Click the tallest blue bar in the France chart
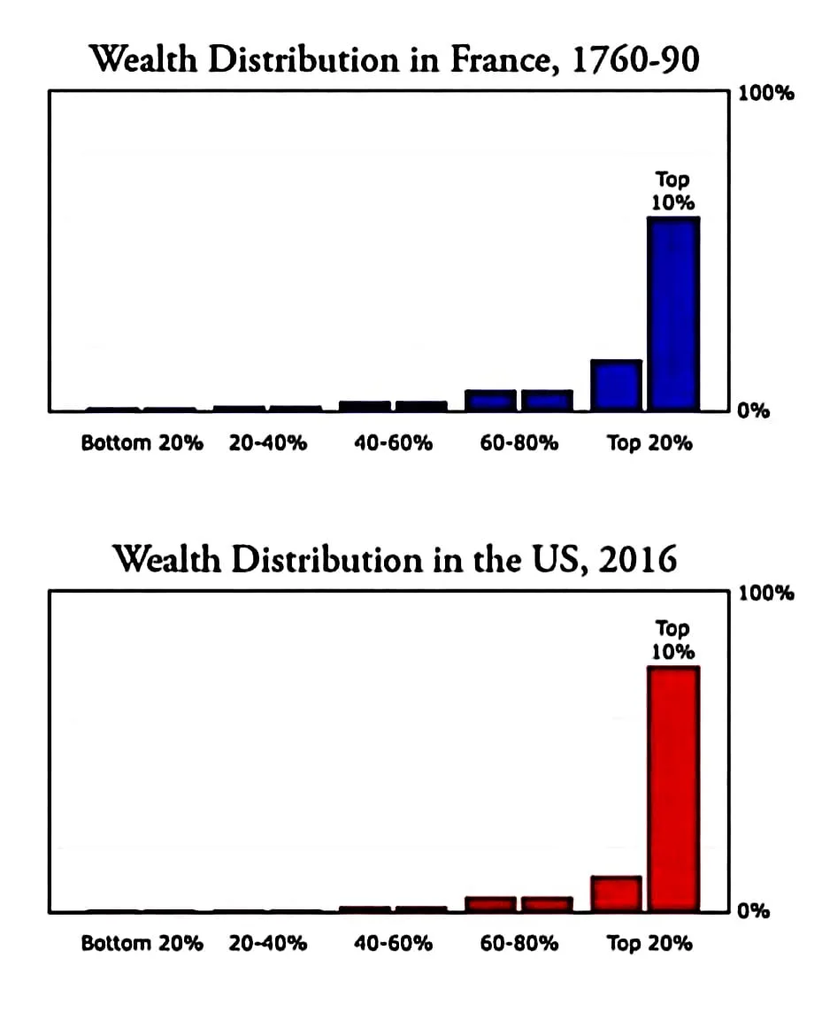tap(673, 314)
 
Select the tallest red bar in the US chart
tap(673, 789)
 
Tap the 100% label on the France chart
tap(766, 93)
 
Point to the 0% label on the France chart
tap(754, 410)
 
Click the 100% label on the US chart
tap(766, 593)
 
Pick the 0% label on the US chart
tap(754, 910)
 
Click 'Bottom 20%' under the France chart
tap(142, 442)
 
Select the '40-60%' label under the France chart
tap(393, 442)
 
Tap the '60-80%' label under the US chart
tap(519, 943)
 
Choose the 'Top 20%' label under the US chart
tap(649, 943)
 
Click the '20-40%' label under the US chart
tap(268, 943)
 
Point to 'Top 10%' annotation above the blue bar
tap(672, 190)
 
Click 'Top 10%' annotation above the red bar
tap(672, 640)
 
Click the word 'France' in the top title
tap(501, 60)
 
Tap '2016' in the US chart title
tap(638, 559)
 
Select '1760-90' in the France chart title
tap(636, 59)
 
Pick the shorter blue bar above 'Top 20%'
tap(617, 386)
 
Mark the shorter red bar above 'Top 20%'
tap(617, 893)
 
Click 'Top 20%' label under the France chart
tap(649, 442)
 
